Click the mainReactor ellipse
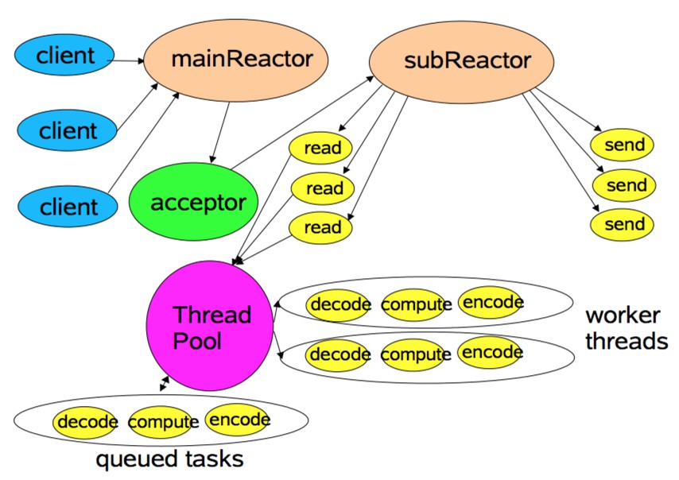(237, 60)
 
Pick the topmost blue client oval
(66, 56)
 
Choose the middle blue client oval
(68, 130)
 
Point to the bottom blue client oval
(68, 207)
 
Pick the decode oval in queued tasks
(87, 421)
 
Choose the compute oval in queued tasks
(162, 422)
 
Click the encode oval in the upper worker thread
(492, 302)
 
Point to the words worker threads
(626, 328)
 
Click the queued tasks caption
(169, 459)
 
